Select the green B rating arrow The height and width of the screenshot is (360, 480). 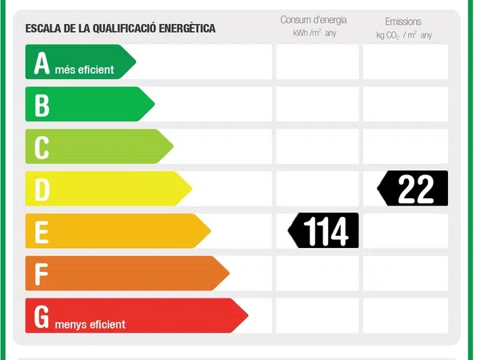tap(88, 104)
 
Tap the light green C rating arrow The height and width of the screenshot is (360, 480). tap(98, 146)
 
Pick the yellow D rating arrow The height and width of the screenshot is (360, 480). tap(106, 189)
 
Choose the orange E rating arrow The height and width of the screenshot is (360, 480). tap(116, 231)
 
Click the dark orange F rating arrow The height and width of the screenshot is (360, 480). tap(126, 274)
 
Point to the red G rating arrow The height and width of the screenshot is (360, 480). tap(134, 316)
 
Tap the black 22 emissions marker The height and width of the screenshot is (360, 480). tap(414, 189)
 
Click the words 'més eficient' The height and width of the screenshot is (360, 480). tap(85, 70)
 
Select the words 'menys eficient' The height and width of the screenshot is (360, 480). tap(90, 324)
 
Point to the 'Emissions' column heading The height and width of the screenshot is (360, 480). tap(402, 22)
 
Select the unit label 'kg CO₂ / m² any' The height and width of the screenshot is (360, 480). tap(403, 35)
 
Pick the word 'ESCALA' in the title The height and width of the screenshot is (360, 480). tap(43, 28)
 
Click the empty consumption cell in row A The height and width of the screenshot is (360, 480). tap(317, 62)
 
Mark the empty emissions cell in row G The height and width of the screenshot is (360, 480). tap(406, 316)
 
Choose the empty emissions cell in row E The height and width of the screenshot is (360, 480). tap(406, 231)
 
